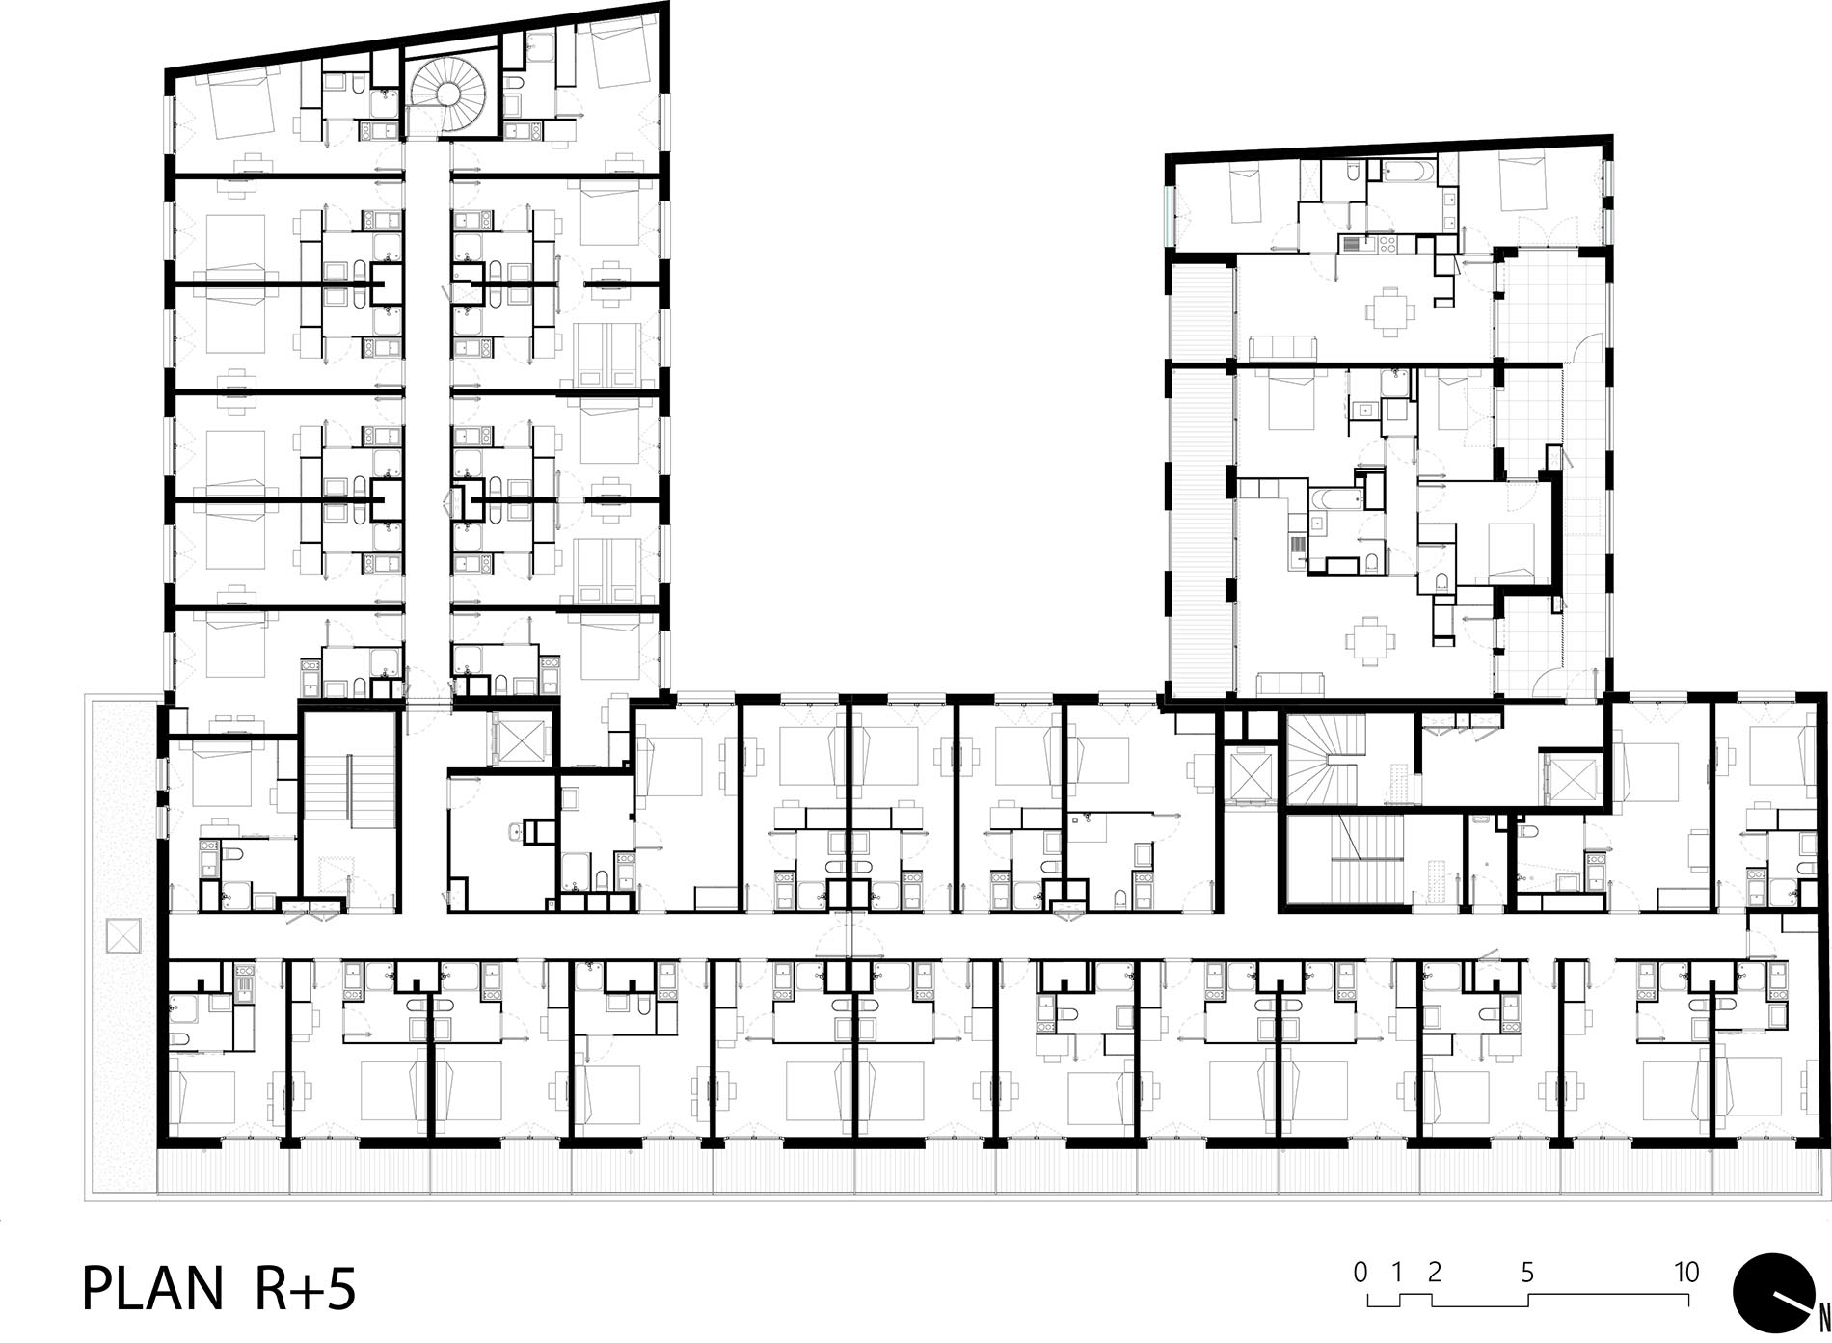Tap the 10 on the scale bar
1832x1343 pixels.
[x=1686, y=1273]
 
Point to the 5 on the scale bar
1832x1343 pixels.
[x=1527, y=1273]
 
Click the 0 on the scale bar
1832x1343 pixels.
[x=1361, y=1273]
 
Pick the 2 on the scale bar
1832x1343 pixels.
[x=1434, y=1273]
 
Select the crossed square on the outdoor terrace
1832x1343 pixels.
[x=122, y=935]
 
